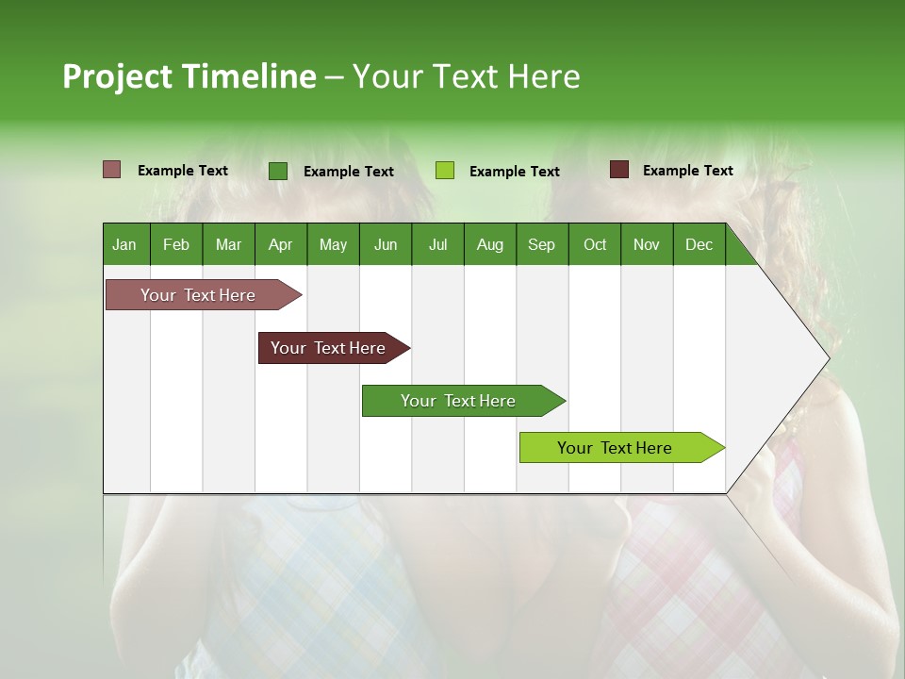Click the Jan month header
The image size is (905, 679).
click(x=125, y=244)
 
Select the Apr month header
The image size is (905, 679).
click(x=281, y=244)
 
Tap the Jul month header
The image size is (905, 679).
click(x=437, y=244)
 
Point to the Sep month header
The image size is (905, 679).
click(x=542, y=244)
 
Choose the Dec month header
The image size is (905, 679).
click(x=699, y=244)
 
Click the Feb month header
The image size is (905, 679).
click(x=176, y=244)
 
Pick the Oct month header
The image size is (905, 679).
click(x=595, y=244)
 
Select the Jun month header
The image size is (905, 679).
click(x=386, y=244)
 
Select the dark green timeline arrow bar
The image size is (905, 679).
click(x=459, y=401)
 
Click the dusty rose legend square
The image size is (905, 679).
click(x=112, y=170)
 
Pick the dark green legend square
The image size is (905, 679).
click(x=278, y=171)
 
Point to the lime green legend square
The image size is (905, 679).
click(x=445, y=171)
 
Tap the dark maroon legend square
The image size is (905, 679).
click(x=619, y=170)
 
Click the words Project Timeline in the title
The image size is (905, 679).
click(x=189, y=76)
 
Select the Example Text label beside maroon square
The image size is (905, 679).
click(x=687, y=171)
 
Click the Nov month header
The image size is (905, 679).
click(x=647, y=244)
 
